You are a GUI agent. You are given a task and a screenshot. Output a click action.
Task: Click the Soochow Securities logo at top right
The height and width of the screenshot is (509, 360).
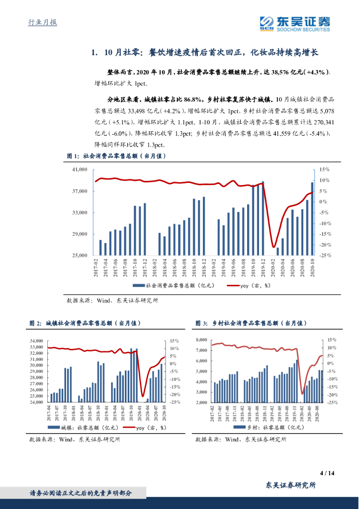click(295, 23)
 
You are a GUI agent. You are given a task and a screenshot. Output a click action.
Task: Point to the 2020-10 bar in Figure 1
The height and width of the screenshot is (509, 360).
click(312, 218)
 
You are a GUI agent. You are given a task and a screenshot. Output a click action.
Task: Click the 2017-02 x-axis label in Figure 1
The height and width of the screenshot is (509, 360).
click(95, 268)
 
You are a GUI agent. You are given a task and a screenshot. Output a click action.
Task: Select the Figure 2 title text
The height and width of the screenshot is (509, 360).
click(85, 323)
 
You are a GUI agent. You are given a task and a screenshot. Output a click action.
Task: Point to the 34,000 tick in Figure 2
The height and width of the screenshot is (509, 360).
click(36, 340)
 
